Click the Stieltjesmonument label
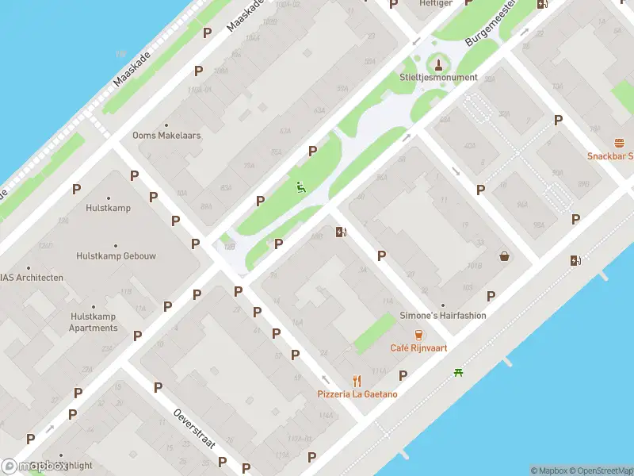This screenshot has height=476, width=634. (438, 77)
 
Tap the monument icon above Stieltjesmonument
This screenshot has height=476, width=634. (438, 62)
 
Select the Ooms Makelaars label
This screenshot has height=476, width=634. (166, 136)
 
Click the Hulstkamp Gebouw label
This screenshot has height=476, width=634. (116, 256)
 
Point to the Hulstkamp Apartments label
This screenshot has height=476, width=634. (94, 322)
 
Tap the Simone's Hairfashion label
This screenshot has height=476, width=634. (443, 315)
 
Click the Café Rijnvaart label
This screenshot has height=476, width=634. (418, 347)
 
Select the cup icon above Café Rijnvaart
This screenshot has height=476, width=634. (418, 334)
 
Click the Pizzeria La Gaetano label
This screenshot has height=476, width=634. (357, 394)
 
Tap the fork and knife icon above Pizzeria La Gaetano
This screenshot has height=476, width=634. (357, 381)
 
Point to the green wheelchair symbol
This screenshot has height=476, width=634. (300, 188)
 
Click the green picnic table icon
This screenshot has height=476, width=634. (458, 372)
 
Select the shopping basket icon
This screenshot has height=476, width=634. (504, 255)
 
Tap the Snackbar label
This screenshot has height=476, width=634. (609, 155)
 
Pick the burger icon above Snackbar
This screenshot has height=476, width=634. (619, 143)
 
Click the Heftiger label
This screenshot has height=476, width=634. (435, 4)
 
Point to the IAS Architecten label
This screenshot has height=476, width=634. (31, 278)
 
